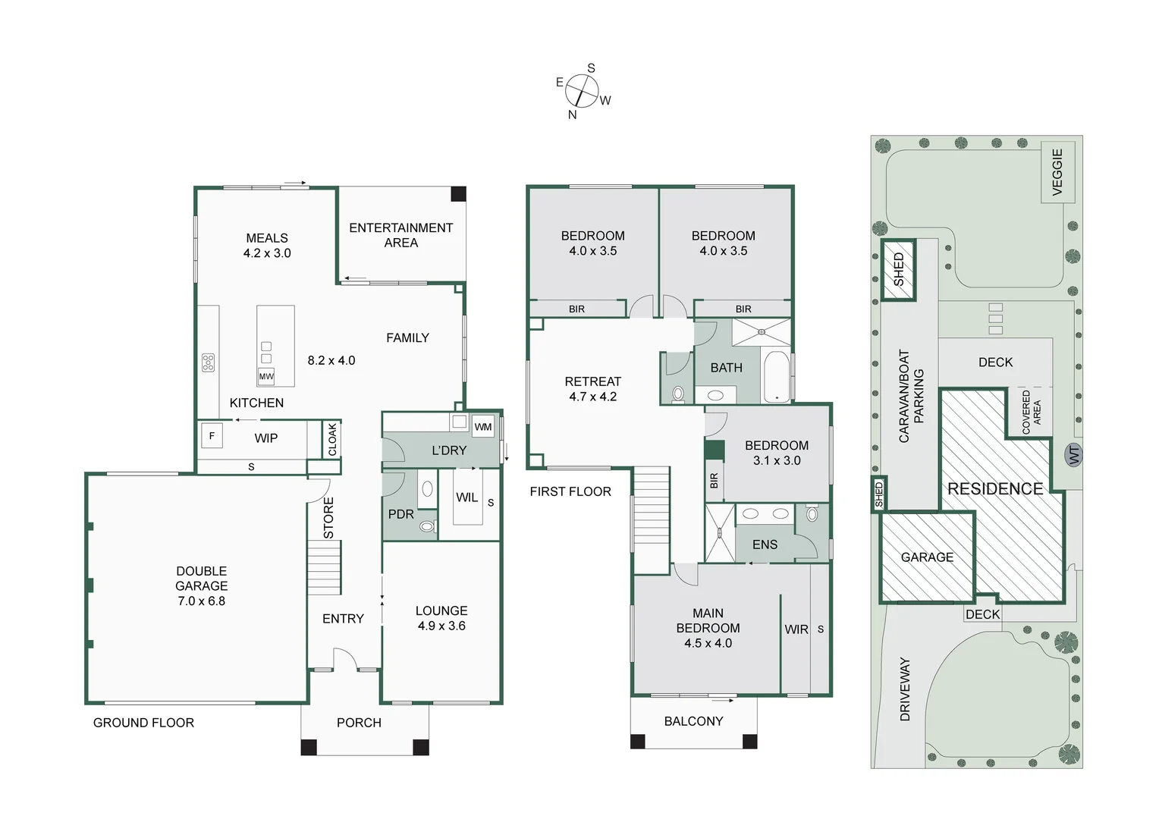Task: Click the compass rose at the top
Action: point(582,92)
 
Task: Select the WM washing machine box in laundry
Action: point(483,427)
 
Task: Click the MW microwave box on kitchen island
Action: point(266,376)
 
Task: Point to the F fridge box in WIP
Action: point(212,436)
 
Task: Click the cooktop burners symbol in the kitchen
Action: point(208,362)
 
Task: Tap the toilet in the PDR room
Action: point(427,526)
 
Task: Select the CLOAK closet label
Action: point(331,440)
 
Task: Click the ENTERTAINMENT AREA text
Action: point(400,235)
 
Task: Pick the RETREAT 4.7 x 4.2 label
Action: point(592,389)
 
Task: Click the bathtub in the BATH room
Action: point(776,377)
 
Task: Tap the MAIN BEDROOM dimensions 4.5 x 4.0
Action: point(708,643)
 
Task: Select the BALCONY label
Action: point(693,721)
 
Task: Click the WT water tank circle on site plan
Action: point(1073,455)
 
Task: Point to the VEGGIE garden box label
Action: point(1057,171)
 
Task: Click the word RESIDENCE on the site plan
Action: point(995,489)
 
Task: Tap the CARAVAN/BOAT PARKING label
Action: point(911,396)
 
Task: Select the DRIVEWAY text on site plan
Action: point(904,689)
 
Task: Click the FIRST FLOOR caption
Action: point(570,491)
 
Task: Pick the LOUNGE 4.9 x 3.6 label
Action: point(441,618)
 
